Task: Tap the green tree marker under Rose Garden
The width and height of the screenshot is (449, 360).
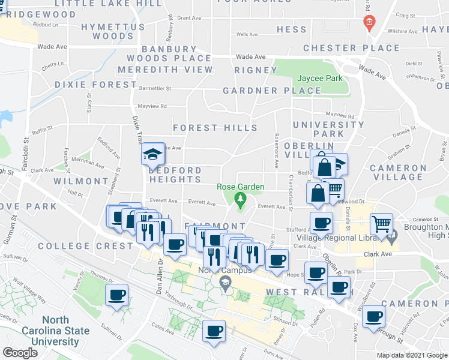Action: tap(240, 199)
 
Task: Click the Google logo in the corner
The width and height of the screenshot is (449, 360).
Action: tap(20, 353)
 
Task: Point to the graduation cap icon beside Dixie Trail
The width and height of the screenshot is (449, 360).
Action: tap(152, 155)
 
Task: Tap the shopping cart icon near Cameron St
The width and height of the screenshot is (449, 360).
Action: tap(381, 226)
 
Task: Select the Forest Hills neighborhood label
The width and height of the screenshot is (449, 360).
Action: tap(215, 128)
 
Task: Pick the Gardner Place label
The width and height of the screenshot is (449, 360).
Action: tap(272, 91)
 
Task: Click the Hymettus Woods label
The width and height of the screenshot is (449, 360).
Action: tap(113, 32)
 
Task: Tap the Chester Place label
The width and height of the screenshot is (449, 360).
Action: tap(351, 48)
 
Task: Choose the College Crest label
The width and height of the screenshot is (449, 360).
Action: tap(83, 246)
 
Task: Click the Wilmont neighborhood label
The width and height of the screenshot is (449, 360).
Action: tap(80, 181)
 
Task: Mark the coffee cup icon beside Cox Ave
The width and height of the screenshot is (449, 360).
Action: tap(373, 316)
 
